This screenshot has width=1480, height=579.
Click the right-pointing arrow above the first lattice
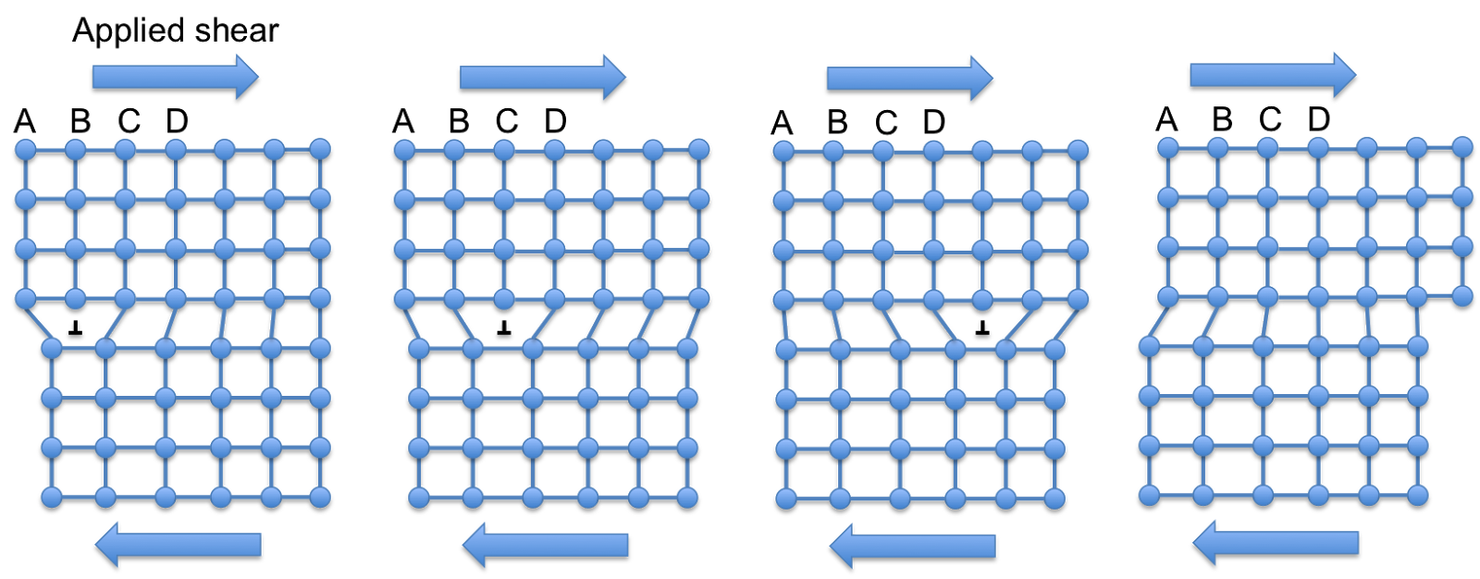tap(175, 77)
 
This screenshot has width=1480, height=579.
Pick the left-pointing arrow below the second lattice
tap(545, 545)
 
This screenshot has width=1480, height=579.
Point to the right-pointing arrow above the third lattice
tap(909, 78)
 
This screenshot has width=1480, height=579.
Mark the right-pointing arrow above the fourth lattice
tap(1273, 75)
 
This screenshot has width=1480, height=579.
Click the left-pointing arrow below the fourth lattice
tap(1276, 542)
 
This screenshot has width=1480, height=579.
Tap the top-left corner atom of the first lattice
tap(25, 149)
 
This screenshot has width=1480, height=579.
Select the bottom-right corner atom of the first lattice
tap(320, 498)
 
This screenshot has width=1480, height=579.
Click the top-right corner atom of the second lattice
tap(699, 150)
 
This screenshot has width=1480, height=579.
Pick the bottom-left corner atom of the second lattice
tap(419, 498)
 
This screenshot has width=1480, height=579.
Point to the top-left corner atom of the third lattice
tap(783, 151)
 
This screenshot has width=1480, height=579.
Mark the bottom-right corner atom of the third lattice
tap(1054, 499)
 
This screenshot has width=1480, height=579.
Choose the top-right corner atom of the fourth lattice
tap(1462, 147)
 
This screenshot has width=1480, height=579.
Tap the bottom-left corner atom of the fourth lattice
tap(1149, 495)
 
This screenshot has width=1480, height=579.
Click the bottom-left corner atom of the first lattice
tap(52, 498)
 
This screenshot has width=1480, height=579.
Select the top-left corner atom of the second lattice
tap(404, 150)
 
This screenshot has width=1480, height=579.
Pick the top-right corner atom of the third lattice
tap(1078, 151)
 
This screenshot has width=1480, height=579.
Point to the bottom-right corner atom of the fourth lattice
tap(1418, 495)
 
